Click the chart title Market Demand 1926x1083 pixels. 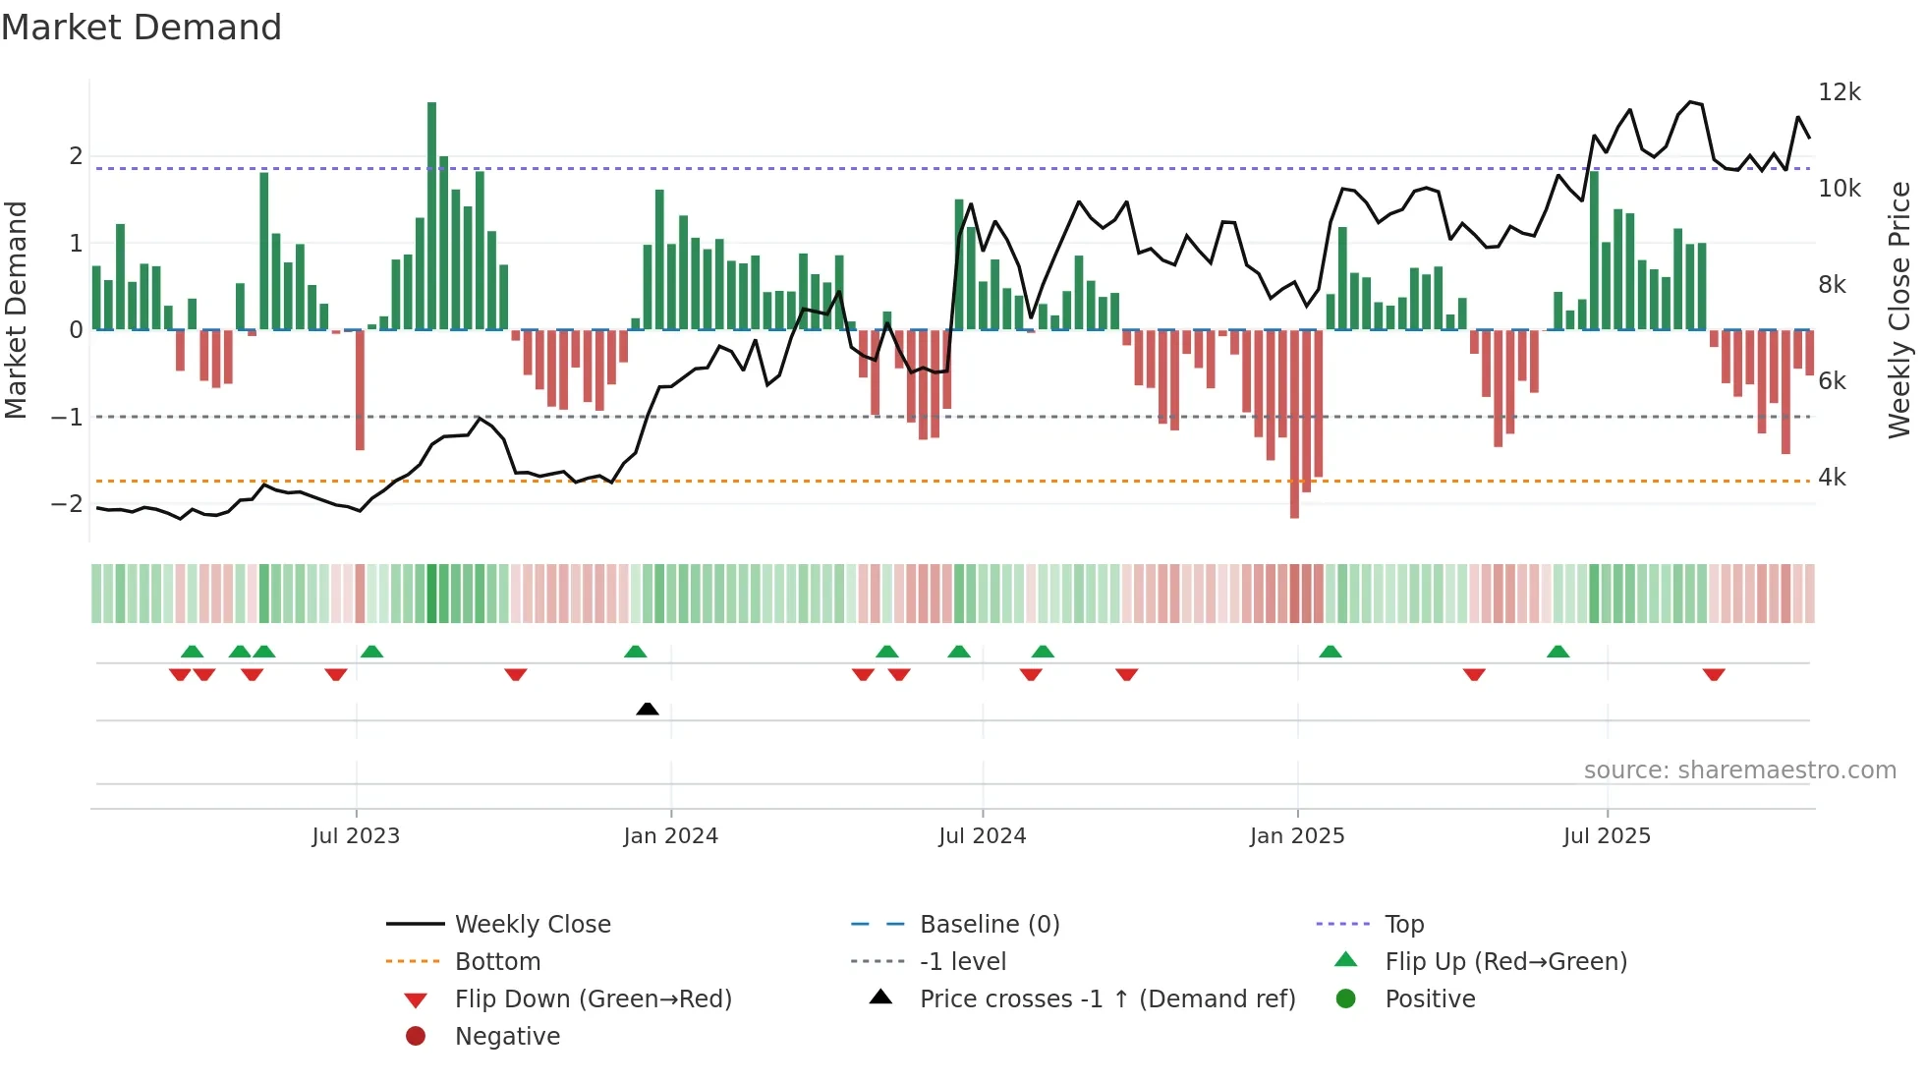tap(142, 28)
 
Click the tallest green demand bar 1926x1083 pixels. tap(431, 216)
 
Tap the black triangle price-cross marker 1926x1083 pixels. tap(647, 709)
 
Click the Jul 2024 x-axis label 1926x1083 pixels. tap(982, 836)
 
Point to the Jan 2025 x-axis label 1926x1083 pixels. tap(1296, 836)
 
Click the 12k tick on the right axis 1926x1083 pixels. tap(1839, 92)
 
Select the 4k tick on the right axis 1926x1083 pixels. tap(1832, 478)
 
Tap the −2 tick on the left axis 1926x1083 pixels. tap(67, 504)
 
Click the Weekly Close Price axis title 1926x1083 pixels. tap(1899, 310)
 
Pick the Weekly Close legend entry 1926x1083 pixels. tap(532, 925)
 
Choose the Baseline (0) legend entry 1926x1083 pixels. tap(989, 925)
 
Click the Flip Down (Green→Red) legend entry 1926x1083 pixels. tap(593, 999)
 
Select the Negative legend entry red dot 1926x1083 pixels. tap(416, 1037)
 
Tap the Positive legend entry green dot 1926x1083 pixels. tap(1346, 999)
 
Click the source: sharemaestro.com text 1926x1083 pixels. tap(1739, 770)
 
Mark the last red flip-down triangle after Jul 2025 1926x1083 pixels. tap(1714, 674)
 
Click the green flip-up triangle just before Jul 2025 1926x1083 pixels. tap(1558, 652)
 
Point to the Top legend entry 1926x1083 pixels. tap(1403, 925)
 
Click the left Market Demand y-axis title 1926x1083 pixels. tap(17, 310)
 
